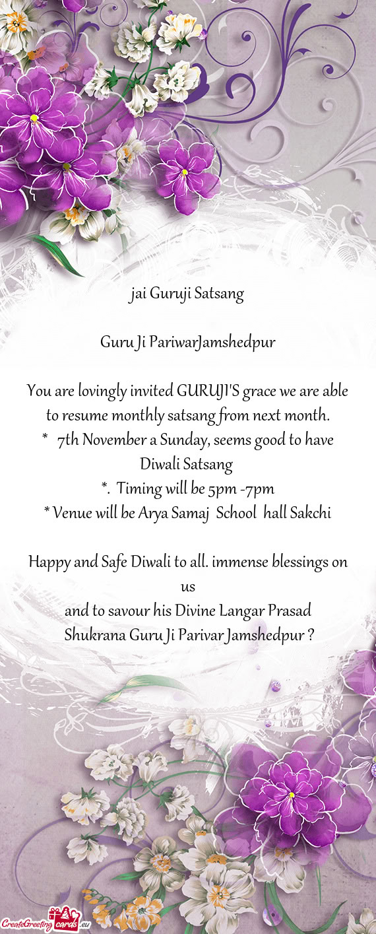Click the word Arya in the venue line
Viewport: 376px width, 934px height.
click(154, 514)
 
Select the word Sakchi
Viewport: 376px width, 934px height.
click(311, 514)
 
